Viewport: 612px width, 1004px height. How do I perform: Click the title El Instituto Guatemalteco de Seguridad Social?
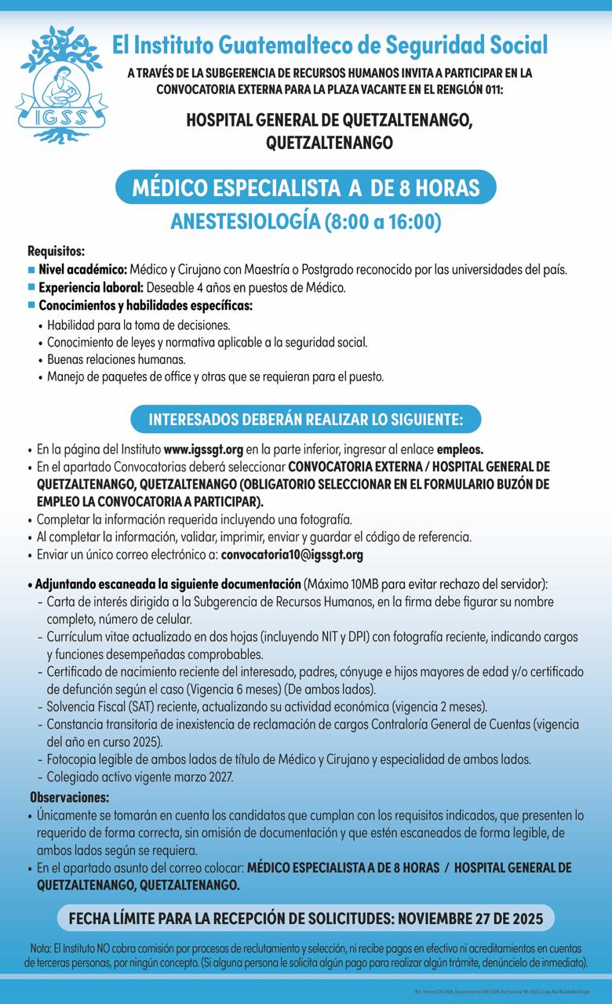point(330,44)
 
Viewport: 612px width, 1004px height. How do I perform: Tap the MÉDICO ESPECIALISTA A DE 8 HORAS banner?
point(306,189)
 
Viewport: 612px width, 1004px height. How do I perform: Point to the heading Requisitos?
point(56,252)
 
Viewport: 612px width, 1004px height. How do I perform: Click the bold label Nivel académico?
point(82,270)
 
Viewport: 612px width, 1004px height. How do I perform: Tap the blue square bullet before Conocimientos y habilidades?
point(31,305)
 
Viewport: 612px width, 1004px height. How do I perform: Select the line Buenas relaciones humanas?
point(116,359)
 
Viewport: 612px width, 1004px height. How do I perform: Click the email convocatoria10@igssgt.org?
point(293,555)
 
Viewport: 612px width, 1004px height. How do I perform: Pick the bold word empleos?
point(460,450)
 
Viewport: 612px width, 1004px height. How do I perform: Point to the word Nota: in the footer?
point(40,947)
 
